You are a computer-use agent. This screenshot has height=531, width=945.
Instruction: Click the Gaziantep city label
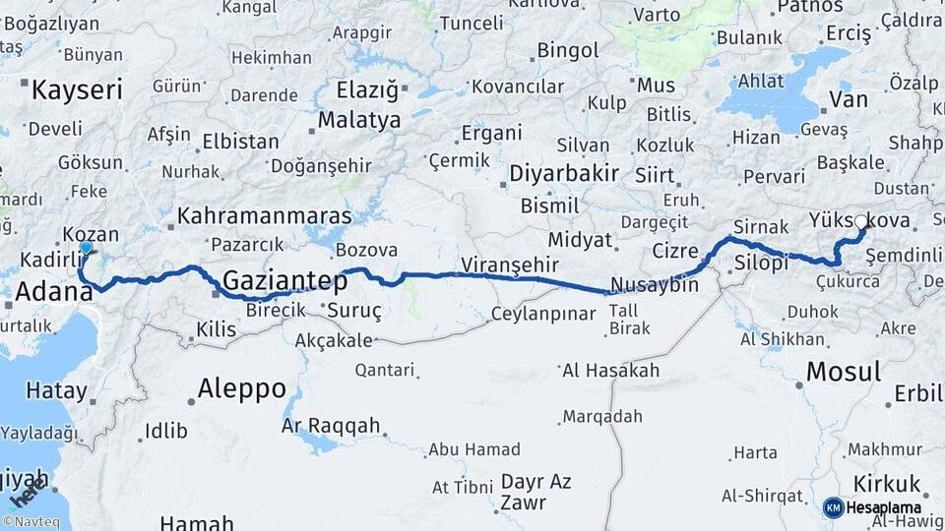pos(285,282)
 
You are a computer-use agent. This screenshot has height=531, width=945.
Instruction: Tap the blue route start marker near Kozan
pos(86,249)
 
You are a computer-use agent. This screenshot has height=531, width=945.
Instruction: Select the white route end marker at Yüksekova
pos(861,222)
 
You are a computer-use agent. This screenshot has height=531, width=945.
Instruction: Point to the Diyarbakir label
pos(564,174)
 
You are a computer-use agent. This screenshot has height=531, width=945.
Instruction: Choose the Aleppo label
pos(241,387)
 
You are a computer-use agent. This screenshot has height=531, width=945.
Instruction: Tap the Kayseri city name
pos(77,91)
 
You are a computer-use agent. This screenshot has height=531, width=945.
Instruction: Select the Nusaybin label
pos(655,286)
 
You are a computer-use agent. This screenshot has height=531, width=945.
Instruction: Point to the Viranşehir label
pos(509,265)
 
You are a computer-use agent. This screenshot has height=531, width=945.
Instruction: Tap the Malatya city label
pos(359,120)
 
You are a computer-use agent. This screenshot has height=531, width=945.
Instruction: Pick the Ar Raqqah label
pos(331,426)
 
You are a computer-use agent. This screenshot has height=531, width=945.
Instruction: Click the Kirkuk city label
pos(887,483)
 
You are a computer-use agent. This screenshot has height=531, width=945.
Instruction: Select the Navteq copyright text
pos(31,522)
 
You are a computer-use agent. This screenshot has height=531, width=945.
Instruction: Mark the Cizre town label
pos(674,252)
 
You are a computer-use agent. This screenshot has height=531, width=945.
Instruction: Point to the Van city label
pos(849,99)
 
